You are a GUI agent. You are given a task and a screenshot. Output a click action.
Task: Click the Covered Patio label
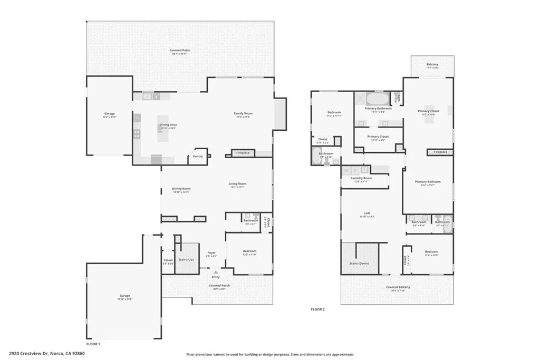[180, 51]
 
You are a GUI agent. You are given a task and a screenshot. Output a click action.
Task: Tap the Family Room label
[243, 113]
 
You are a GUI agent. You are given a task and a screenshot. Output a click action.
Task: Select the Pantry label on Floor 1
[198, 156]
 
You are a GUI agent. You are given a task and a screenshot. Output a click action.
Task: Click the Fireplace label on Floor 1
[243, 153]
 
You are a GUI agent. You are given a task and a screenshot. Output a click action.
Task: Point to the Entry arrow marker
[215, 271]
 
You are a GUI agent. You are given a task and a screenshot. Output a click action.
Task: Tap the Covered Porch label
[219, 286]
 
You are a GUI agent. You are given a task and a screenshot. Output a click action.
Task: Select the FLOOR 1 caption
[93, 344]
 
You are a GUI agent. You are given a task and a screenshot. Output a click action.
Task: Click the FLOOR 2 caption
[317, 309]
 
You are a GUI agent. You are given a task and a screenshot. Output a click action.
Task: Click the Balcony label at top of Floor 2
[432, 65]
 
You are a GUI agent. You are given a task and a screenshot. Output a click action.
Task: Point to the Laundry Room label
[361, 178]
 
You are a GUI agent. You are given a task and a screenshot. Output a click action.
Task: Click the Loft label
[367, 214]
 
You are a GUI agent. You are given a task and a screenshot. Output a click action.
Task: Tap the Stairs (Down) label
[359, 263]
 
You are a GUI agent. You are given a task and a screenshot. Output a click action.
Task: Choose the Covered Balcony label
[398, 287]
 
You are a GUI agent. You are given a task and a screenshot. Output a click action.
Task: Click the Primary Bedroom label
[427, 182]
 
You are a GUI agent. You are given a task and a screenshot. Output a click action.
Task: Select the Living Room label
[237, 184]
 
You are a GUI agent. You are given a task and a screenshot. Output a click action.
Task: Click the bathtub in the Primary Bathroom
[377, 99]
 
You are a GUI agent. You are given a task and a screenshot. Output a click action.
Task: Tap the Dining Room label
[181, 189]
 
